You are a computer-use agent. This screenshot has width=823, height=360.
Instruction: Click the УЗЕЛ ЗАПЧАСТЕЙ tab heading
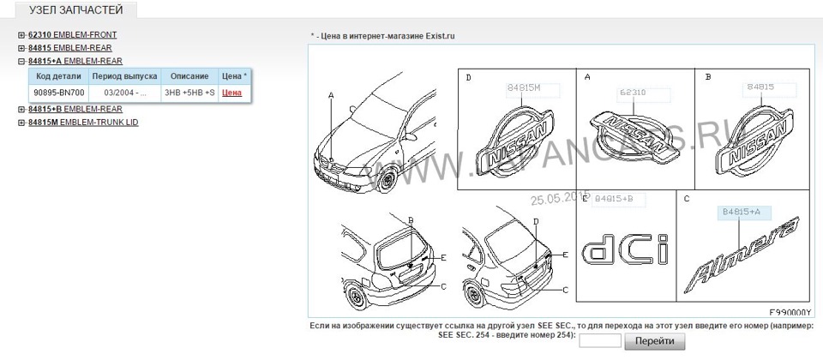[x=75, y=11]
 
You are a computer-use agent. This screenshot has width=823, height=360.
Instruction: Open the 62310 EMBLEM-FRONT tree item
[x=72, y=35]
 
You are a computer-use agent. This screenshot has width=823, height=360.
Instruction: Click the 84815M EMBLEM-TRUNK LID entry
[x=82, y=123]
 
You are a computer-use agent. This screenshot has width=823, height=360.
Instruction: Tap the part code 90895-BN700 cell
[x=58, y=93]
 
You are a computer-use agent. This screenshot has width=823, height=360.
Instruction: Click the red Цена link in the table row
[x=231, y=93]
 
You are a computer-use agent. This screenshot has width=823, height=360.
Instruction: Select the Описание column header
[x=189, y=76]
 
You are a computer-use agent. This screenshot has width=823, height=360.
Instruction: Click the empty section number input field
[x=600, y=341]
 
